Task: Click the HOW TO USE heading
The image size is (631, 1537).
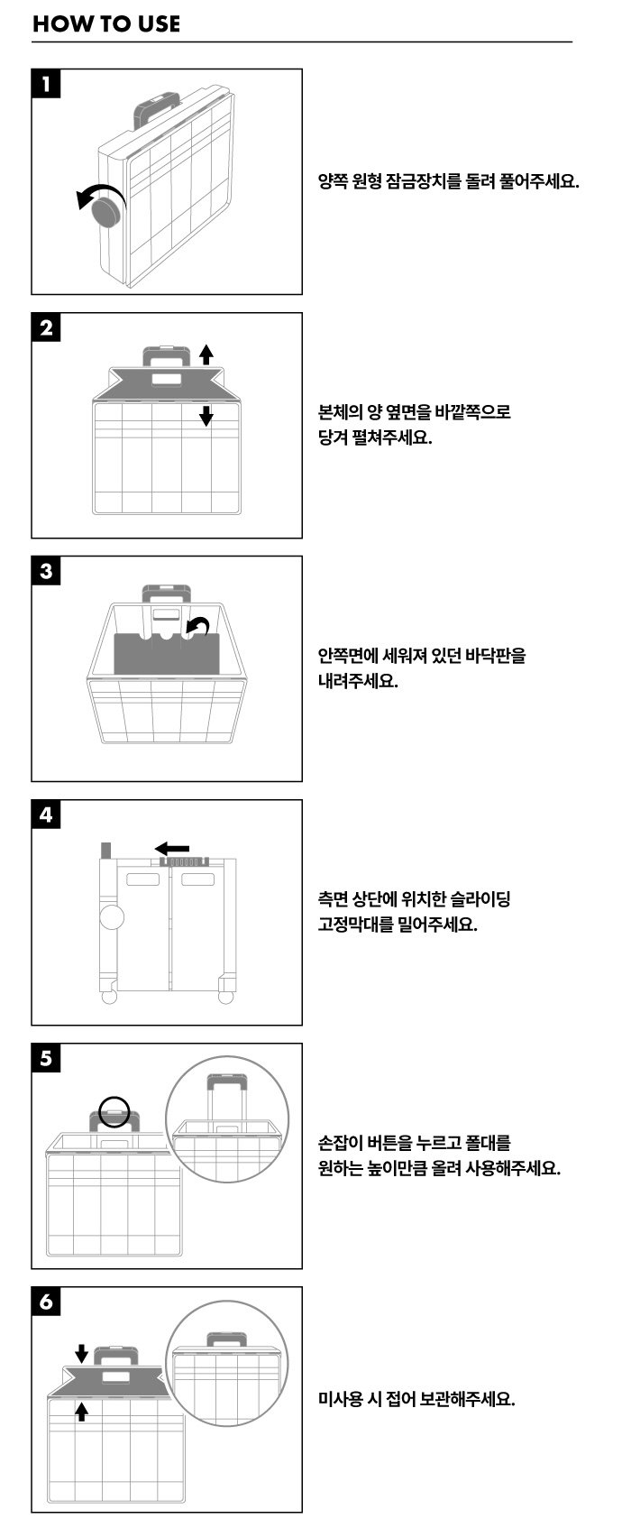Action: point(106,24)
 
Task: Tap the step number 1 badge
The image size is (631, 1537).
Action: point(46,84)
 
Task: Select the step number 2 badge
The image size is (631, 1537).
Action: point(46,327)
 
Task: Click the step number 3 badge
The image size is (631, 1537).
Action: point(46,571)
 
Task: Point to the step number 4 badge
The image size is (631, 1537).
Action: point(46,815)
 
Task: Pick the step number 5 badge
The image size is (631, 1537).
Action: point(46,1058)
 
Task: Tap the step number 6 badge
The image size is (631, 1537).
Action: point(46,1302)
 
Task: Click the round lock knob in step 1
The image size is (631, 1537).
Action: point(109,211)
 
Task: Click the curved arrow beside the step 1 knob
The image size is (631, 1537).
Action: point(98,193)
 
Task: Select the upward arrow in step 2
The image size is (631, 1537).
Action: point(206,354)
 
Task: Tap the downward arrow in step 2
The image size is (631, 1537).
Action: point(206,415)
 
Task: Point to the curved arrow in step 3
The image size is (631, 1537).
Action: point(198,625)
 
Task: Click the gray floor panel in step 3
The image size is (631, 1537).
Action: point(167,653)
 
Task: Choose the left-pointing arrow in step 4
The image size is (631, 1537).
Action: point(171,848)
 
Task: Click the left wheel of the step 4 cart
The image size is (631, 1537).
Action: point(109,997)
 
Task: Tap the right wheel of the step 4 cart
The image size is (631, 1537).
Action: point(225,997)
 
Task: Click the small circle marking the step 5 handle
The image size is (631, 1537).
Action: point(114,1111)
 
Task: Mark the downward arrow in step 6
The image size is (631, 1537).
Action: point(82,1353)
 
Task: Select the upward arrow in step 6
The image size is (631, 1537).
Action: point(82,1412)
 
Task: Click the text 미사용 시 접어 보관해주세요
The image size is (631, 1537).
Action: point(416,1398)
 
